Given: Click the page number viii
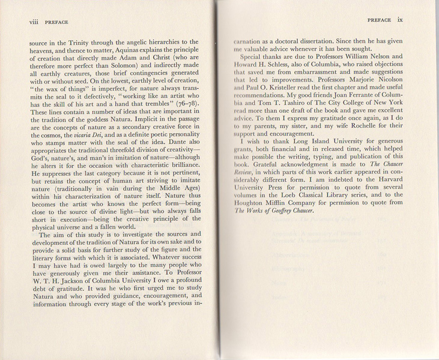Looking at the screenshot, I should tap(20, 22).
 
